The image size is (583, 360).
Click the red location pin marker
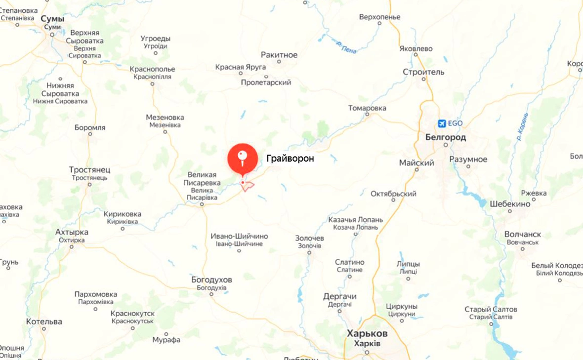click(x=243, y=158)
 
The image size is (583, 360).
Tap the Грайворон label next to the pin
click(x=290, y=159)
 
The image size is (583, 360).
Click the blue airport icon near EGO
click(x=442, y=123)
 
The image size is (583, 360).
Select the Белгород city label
click(x=445, y=137)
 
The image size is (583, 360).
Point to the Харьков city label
click(x=367, y=333)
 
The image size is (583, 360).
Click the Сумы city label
click(x=52, y=19)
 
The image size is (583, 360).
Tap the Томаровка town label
click(x=367, y=108)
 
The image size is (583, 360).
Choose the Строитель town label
click(x=423, y=72)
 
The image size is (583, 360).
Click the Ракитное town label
click(x=279, y=55)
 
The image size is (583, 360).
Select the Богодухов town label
click(x=211, y=280)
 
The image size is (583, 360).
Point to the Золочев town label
click(x=310, y=238)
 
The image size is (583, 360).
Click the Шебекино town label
click(x=510, y=204)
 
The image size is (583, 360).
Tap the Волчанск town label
click(x=523, y=234)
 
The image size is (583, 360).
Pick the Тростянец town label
click(x=89, y=170)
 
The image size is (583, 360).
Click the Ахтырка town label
click(x=72, y=232)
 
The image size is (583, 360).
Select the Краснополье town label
click(x=152, y=69)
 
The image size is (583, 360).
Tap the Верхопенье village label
click(x=379, y=17)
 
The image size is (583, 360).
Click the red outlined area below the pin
click(x=248, y=185)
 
